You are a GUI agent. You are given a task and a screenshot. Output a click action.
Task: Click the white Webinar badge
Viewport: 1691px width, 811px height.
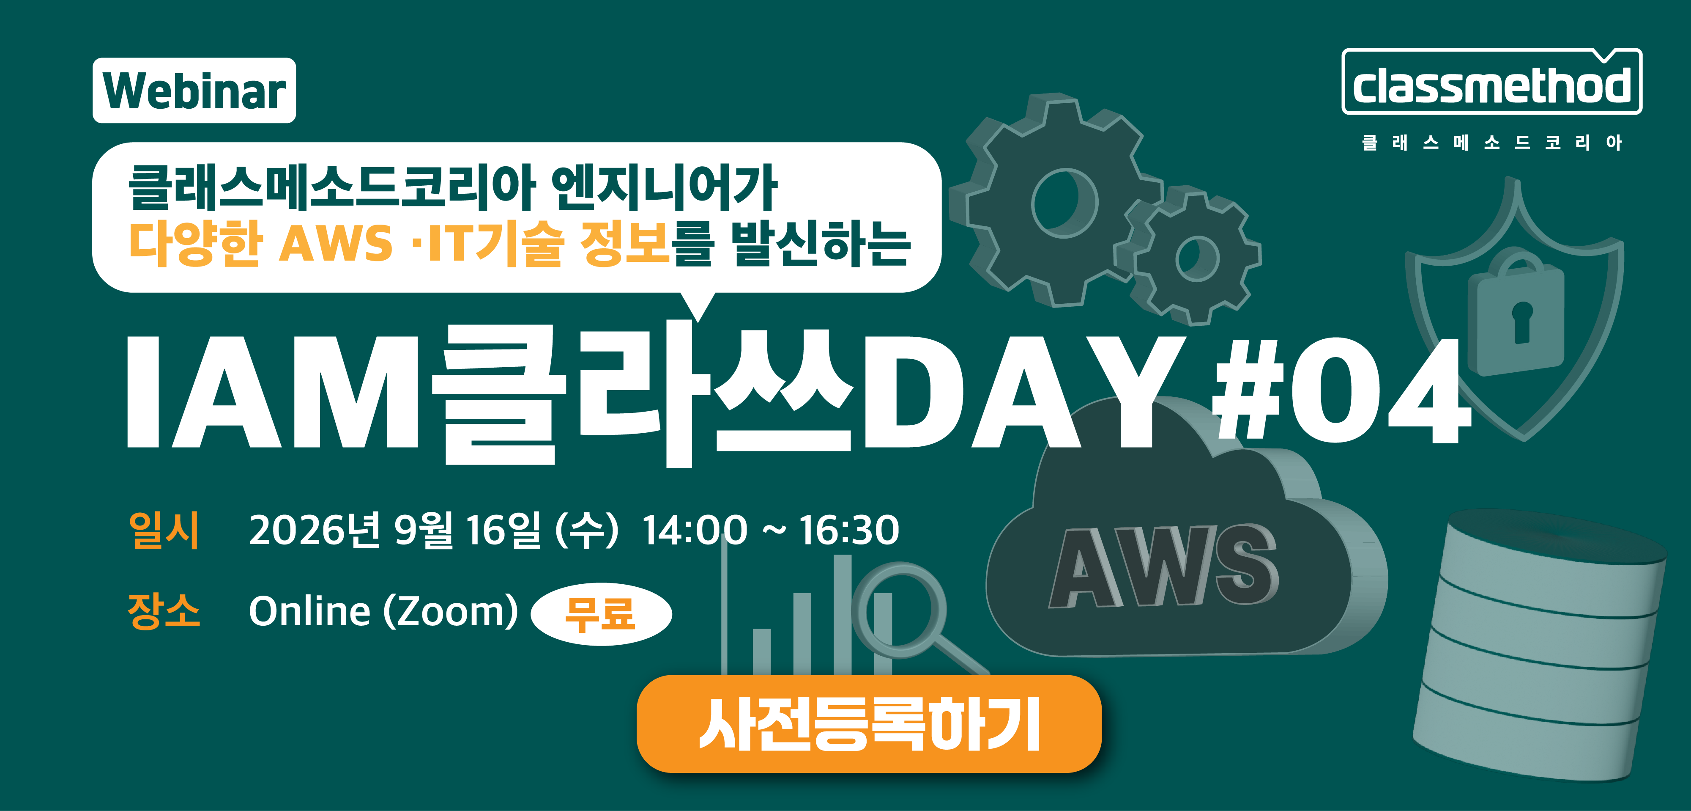[x=194, y=91]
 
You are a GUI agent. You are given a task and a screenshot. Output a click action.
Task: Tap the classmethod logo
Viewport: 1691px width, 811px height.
[x=1491, y=83]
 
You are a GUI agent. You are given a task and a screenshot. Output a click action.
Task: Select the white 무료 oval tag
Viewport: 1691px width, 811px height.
[x=601, y=614]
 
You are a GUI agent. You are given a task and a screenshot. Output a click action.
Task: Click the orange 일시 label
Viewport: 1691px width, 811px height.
[x=164, y=530]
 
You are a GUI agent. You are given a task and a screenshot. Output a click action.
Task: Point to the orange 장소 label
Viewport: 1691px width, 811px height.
[x=164, y=611]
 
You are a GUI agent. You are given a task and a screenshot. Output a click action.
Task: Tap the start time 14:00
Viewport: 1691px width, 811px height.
[x=695, y=531]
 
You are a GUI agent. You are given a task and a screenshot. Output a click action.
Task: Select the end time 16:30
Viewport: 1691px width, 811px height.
[x=849, y=531]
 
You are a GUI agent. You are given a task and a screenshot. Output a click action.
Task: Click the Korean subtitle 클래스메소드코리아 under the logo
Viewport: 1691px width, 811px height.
[x=1491, y=143]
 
